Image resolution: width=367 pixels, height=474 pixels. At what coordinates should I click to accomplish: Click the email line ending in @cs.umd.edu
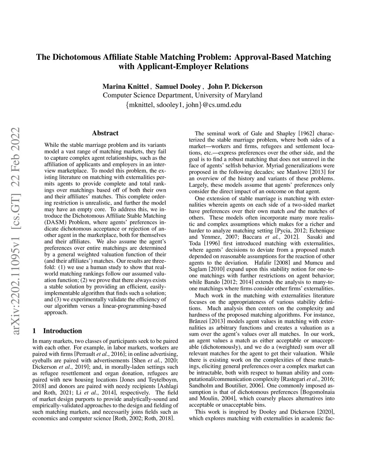pos(183,105)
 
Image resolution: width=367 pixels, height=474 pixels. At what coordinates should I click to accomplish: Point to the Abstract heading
pos(105,133)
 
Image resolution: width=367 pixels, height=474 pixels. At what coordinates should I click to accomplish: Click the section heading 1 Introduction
pos(57,331)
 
